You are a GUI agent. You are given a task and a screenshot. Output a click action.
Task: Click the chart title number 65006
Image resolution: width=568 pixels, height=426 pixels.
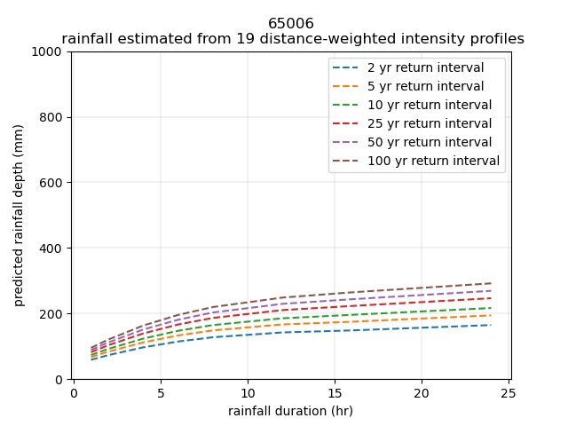pos(291,24)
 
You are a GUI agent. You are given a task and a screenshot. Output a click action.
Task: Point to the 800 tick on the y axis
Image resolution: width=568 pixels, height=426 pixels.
pos(52,117)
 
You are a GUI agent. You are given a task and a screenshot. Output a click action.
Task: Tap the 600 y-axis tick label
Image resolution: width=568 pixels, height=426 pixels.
pos(52,183)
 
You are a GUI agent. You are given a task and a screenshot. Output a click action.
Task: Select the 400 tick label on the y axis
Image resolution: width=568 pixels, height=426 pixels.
pos(52,248)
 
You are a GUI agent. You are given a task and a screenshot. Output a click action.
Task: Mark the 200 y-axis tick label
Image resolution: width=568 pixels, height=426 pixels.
pos(52,314)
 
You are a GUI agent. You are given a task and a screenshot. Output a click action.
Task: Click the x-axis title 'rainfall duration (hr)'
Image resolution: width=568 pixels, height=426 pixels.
pos(290,411)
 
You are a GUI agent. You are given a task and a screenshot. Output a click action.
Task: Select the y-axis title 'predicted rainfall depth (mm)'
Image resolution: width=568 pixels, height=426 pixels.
pos(19,216)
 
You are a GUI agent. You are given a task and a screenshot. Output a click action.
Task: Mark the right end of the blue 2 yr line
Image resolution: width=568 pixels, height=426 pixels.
pos(491,325)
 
